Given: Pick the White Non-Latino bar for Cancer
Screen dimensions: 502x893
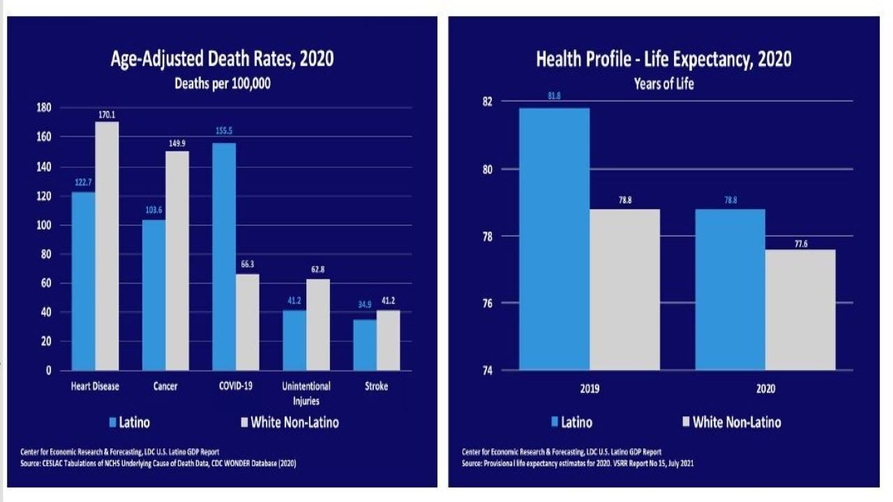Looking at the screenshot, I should [177, 261].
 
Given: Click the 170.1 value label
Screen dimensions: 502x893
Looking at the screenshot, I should [107, 114].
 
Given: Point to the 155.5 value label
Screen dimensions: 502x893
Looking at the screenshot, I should [224, 130].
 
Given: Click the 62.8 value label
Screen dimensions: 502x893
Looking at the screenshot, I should [319, 268].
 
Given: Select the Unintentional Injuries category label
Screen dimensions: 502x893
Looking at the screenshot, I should [306, 393].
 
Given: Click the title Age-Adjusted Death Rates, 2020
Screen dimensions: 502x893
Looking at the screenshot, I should [222, 59].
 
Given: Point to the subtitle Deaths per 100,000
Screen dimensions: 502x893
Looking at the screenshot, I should [222, 84].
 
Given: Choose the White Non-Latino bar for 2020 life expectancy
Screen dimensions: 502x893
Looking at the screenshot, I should [800, 310].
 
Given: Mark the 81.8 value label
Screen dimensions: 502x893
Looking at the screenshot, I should [555, 96].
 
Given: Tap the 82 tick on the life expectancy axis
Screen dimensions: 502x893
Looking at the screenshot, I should [486, 102].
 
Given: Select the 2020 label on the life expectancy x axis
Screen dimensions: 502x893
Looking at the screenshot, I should [765, 389].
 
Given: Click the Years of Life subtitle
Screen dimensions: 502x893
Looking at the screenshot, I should [663, 84].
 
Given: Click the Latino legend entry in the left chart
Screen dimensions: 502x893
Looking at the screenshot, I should [130, 422].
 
